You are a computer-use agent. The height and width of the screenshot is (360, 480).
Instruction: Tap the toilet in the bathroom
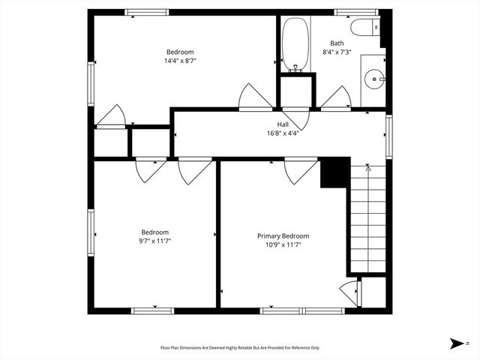[368, 28]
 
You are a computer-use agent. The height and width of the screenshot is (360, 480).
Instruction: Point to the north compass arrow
[457, 343]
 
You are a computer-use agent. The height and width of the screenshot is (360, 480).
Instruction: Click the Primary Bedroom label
[283, 235]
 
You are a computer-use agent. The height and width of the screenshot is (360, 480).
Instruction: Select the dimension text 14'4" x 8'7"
[179, 61]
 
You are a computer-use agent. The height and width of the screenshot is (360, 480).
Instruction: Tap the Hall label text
[283, 124]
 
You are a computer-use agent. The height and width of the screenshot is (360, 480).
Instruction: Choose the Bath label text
[337, 43]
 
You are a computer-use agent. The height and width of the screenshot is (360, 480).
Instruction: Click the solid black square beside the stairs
[334, 172]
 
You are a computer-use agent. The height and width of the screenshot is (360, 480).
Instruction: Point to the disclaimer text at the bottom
[240, 347]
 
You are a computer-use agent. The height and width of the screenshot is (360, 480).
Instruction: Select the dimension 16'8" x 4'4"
[283, 133]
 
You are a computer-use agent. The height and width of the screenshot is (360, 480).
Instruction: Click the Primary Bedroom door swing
[300, 171]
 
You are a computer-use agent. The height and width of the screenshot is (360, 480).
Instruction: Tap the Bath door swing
[335, 97]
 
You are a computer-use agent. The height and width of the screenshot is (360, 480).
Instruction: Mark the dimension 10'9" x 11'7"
[283, 245]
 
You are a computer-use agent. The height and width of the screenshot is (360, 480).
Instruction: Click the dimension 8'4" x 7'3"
[337, 52]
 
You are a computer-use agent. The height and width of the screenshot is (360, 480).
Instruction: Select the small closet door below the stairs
[349, 291]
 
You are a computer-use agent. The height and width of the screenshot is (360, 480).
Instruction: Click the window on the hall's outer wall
[388, 135]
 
